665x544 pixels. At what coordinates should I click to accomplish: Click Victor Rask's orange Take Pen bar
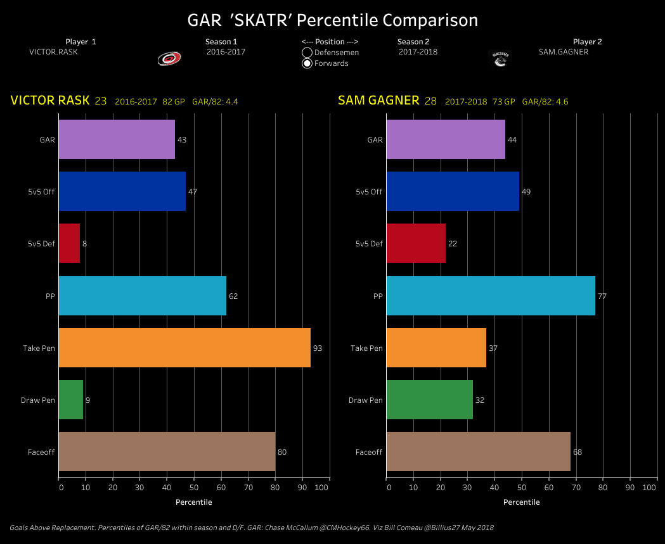[184, 347]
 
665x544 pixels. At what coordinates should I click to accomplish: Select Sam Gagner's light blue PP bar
[490, 296]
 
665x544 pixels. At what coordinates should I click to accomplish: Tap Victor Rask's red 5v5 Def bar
[69, 243]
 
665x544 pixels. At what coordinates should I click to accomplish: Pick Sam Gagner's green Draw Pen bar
[429, 400]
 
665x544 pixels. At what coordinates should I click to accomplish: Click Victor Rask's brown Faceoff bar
[167, 452]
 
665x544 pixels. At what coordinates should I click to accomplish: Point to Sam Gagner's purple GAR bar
[445, 139]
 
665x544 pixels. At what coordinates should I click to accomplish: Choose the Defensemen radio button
[307, 53]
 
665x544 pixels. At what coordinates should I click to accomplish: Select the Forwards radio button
[307, 63]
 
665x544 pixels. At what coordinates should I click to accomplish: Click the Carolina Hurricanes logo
[169, 58]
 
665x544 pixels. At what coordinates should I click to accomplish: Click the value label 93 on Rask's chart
[318, 348]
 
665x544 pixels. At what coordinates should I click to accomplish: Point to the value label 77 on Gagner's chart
[602, 296]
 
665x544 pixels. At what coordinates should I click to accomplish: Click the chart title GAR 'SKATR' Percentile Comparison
[332, 20]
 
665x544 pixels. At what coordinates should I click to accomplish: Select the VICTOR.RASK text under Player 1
[53, 52]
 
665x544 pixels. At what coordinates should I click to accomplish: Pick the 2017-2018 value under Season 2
[418, 52]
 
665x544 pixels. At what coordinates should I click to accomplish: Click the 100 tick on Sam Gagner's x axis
[649, 488]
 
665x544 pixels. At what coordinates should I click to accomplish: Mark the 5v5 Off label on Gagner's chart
[369, 192]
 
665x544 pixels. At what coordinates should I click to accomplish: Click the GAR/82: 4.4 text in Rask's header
[215, 101]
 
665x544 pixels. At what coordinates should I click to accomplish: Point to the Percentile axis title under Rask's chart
[193, 502]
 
